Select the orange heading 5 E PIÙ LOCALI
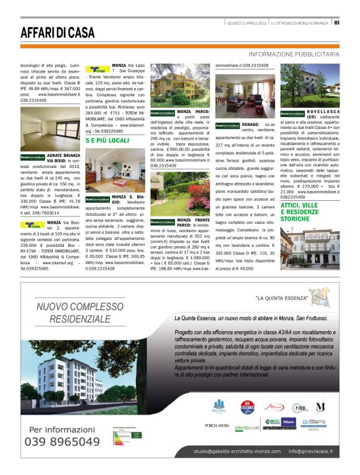click(107, 141)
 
